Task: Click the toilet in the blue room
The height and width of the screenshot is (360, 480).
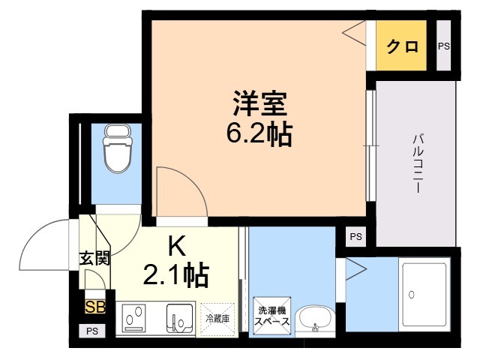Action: point(118,148)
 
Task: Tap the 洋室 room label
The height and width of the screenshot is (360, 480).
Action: point(260,103)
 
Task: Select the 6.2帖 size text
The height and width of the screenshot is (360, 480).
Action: point(259,133)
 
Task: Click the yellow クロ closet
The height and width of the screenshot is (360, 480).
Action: point(401,46)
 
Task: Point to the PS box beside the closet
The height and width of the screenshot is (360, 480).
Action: point(443,46)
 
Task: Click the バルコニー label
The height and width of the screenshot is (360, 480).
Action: point(418,163)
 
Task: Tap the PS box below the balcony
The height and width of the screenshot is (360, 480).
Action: point(355,237)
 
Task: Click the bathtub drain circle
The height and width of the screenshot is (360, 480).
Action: point(412,295)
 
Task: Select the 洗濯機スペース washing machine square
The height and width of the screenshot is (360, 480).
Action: point(271,316)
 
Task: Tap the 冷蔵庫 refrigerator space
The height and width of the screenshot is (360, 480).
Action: point(217,319)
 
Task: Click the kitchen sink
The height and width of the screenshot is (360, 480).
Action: point(180,318)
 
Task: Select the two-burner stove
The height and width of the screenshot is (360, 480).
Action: point(134,318)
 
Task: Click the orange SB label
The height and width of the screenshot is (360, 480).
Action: point(95,307)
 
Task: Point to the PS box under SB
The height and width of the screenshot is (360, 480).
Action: point(91,331)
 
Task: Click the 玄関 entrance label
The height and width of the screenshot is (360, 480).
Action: point(94,259)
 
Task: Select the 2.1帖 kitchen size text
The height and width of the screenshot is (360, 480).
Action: point(175,275)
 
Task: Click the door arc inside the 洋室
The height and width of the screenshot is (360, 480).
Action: point(192,180)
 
